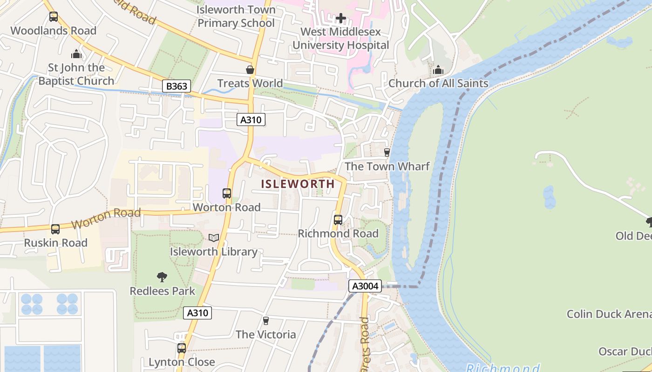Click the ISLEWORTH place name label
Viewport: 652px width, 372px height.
tap(298, 184)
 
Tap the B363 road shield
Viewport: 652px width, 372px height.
tap(177, 86)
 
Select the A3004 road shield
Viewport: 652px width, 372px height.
tap(366, 286)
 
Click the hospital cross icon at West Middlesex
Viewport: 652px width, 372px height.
tap(341, 18)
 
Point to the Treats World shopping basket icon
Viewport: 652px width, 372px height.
tap(250, 70)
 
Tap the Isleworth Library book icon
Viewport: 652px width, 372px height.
tap(214, 238)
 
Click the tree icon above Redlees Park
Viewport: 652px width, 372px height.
tap(162, 278)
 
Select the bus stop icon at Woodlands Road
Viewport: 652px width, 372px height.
tap(54, 17)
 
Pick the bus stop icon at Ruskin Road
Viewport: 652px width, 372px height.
tap(55, 229)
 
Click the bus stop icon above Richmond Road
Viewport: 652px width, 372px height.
tap(338, 220)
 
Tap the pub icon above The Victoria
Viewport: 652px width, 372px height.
tap(265, 320)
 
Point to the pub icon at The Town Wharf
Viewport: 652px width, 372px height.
tap(387, 152)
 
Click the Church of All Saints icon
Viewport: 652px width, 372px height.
tap(438, 70)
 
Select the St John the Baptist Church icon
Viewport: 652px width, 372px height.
tap(76, 54)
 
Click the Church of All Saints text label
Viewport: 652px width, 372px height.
tap(438, 83)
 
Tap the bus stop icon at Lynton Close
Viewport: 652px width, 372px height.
tap(182, 348)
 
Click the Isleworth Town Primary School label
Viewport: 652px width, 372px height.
tap(236, 16)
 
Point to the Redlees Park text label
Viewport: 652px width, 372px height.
tap(162, 291)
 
